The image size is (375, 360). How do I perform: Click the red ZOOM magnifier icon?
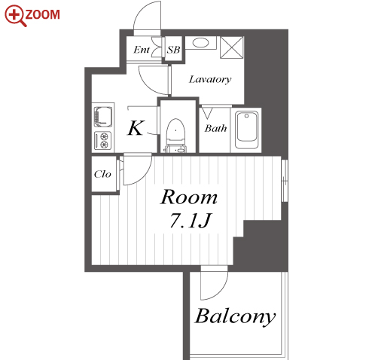click(x=15, y=15)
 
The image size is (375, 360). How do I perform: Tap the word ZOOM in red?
click(x=43, y=14)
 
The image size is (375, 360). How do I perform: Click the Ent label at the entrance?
click(x=142, y=50)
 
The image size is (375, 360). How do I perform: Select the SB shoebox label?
click(x=173, y=50)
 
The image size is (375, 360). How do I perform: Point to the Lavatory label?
click(x=210, y=80)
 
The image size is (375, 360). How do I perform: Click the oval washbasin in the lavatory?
click(x=200, y=42)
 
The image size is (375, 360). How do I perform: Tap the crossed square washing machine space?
click(x=232, y=47)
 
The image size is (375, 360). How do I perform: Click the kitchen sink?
click(x=103, y=117)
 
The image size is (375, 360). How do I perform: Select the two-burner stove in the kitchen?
click(x=103, y=140)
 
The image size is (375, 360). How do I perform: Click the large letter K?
click(x=136, y=128)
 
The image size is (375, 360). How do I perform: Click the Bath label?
click(x=215, y=128)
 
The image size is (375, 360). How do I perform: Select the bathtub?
click(x=246, y=130)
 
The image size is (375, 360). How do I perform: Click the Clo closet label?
click(x=102, y=174)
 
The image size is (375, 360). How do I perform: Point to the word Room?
click(x=188, y=197)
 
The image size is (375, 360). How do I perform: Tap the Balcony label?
click(x=235, y=316)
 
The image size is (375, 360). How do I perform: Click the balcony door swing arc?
click(x=221, y=293)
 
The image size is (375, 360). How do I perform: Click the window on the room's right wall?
click(x=285, y=180)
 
